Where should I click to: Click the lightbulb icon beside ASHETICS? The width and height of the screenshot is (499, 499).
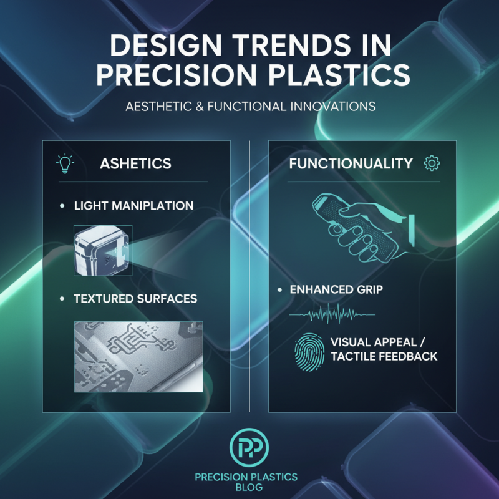tap(65, 163)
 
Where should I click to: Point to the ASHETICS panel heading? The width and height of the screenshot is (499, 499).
tap(135, 163)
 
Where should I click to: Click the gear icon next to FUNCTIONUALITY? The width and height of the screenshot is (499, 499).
tap(432, 163)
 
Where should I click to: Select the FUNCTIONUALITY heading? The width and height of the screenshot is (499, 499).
tap(351, 163)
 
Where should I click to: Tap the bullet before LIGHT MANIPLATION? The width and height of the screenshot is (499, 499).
tap(62, 206)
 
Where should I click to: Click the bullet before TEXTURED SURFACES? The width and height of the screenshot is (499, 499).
tap(62, 299)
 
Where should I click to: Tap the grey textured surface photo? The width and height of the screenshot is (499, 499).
tap(138, 356)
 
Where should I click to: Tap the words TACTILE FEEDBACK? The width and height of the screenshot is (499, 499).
tap(384, 357)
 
